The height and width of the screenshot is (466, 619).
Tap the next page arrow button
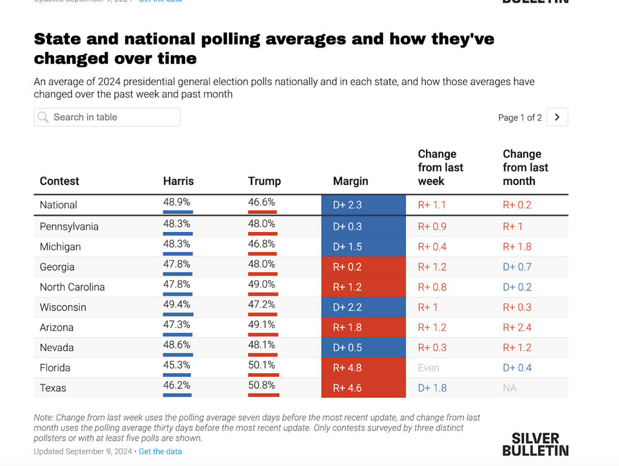(x=557, y=117)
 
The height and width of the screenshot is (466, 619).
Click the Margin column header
(x=350, y=181)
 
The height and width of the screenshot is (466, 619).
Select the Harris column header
(x=178, y=181)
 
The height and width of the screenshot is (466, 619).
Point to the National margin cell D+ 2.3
(x=363, y=205)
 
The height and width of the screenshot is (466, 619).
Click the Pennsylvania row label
(x=69, y=227)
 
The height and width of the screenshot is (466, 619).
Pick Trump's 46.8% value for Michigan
(x=261, y=244)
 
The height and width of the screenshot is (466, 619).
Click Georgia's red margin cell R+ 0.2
(x=363, y=267)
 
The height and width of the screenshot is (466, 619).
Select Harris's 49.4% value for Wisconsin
(x=176, y=304)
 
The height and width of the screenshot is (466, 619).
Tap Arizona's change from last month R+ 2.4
(x=517, y=327)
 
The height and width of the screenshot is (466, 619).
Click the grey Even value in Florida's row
(x=428, y=368)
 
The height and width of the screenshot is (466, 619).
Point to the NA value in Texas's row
(x=509, y=388)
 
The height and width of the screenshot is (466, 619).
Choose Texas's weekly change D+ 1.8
(x=432, y=388)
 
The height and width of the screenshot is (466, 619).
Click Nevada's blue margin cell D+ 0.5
(x=363, y=347)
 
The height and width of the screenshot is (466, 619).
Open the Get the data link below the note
(x=160, y=451)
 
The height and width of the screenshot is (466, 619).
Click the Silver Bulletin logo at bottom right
(x=535, y=444)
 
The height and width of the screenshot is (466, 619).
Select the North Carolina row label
(x=72, y=287)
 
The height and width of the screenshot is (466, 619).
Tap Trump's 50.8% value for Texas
(x=261, y=385)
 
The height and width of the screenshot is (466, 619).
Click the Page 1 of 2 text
(x=520, y=118)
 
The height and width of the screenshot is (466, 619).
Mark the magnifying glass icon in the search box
(x=43, y=117)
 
